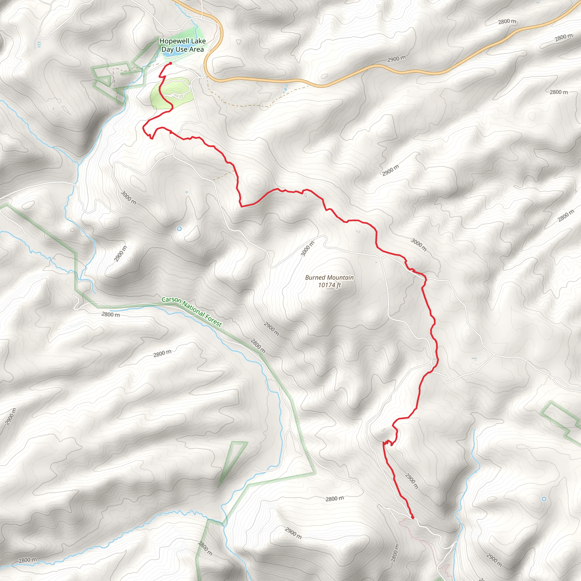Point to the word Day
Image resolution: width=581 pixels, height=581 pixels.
point(167,49)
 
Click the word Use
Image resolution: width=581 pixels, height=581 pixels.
point(181,49)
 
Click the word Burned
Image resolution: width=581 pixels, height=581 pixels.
point(315,277)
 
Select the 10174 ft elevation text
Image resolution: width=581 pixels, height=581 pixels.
point(330,285)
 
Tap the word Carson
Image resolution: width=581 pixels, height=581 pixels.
point(171,300)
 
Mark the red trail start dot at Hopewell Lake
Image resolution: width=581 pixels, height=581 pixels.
point(170,64)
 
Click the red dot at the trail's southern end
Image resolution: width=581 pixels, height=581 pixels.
point(412,517)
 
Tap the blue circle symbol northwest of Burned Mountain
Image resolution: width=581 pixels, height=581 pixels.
point(179,229)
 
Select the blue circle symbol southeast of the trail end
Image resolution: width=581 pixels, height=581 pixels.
point(544,499)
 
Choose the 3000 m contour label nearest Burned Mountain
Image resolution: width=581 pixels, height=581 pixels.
point(307,249)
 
